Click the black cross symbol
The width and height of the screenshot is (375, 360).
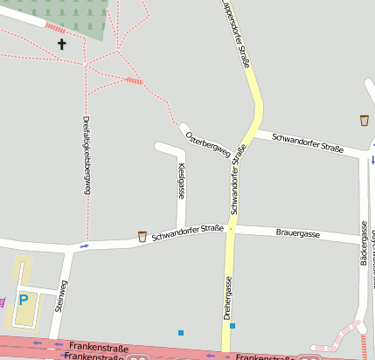tap(62, 43)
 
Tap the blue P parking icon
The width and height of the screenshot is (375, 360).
tap(24, 299)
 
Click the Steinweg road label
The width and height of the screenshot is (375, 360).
tap(60, 295)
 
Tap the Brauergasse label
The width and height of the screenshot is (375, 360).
tap(297, 235)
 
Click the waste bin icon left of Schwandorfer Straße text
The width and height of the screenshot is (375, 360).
tap(142, 236)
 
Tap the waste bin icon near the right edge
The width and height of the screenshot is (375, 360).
tap(364, 120)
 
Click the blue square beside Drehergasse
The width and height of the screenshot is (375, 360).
tap(233, 326)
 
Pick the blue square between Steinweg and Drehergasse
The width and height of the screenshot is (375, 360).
tap(181, 332)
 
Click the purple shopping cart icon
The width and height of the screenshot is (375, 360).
tap(3, 301)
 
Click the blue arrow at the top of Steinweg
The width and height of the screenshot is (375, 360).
tap(84, 246)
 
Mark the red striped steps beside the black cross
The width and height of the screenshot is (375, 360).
tap(55, 29)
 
